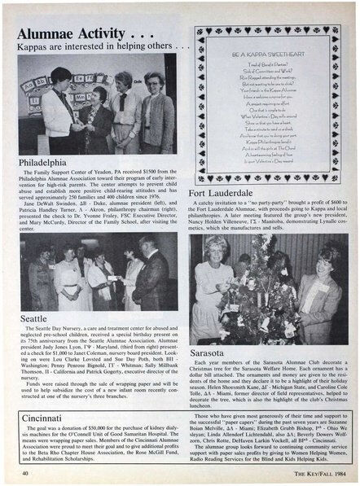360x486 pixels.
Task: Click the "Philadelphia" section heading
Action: (x=50, y=164)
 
